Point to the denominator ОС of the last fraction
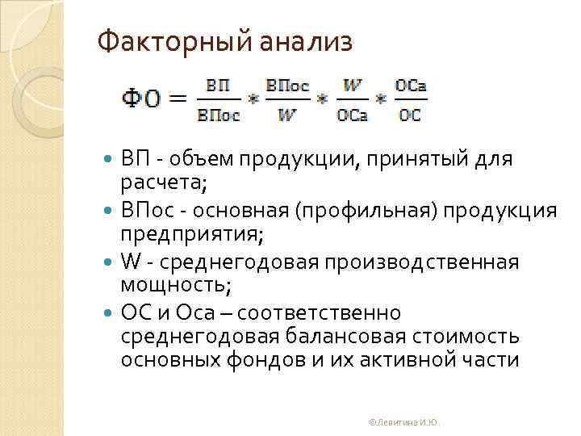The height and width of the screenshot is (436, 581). click(410, 115)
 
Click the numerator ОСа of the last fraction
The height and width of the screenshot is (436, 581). click(410, 85)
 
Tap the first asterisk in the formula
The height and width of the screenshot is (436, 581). click(253, 101)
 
